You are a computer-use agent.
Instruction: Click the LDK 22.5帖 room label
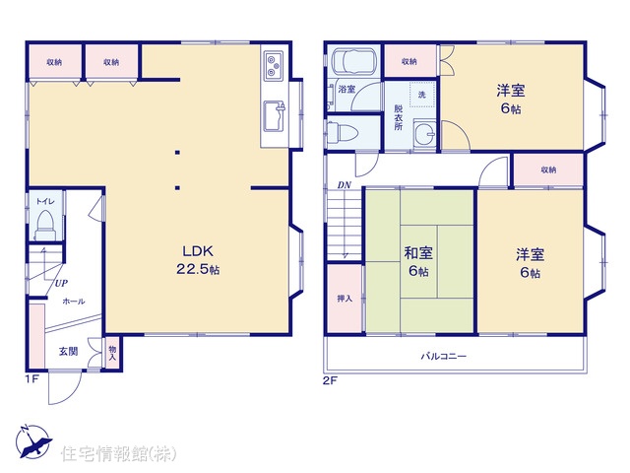[198, 260]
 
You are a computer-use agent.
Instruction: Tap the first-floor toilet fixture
[45, 226]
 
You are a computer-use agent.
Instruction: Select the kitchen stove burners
[274, 64]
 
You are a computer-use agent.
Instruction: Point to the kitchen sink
[275, 116]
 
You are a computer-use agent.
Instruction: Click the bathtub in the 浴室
[353, 61]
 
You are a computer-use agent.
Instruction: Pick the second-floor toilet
[342, 133]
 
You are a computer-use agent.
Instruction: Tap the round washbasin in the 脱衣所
[424, 132]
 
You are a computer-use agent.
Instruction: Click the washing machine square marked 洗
[422, 95]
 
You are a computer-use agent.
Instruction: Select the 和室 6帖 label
[418, 262]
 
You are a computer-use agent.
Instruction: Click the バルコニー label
[444, 356]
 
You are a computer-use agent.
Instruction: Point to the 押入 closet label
[345, 299]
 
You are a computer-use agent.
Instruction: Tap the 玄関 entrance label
[68, 351]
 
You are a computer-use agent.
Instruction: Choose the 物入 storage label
[112, 354]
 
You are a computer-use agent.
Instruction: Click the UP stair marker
[61, 283]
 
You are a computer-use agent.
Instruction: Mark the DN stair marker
[344, 185]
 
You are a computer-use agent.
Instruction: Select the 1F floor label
[32, 379]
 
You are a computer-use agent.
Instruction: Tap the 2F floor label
[330, 380]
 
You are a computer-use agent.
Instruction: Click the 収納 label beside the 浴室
[409, 61]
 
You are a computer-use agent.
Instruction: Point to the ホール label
[74, 302]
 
